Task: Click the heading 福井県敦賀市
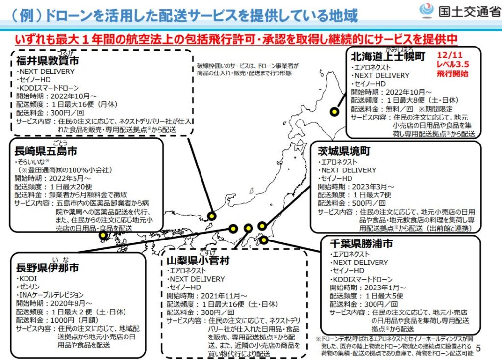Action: coord(48,60)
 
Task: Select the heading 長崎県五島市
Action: coord(46,151)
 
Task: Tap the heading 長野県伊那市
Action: coord(48,267)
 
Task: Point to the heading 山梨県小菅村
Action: coord(198,261)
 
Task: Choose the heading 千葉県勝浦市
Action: coord(361,243)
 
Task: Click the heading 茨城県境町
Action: coord(344,151)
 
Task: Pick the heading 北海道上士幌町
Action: coord(388,56)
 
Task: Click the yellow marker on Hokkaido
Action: coord(334,112)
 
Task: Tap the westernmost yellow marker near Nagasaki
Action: coord(103,236)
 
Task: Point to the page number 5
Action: coord(478,348)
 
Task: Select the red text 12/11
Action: coord(450,55)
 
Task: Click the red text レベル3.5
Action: coord(452,64)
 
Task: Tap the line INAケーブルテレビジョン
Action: coord(50,295)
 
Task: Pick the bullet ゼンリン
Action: coord(28,287)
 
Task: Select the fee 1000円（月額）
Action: coord(75,320)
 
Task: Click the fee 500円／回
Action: coord(369,203)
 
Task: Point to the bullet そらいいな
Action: coord(32,161)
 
